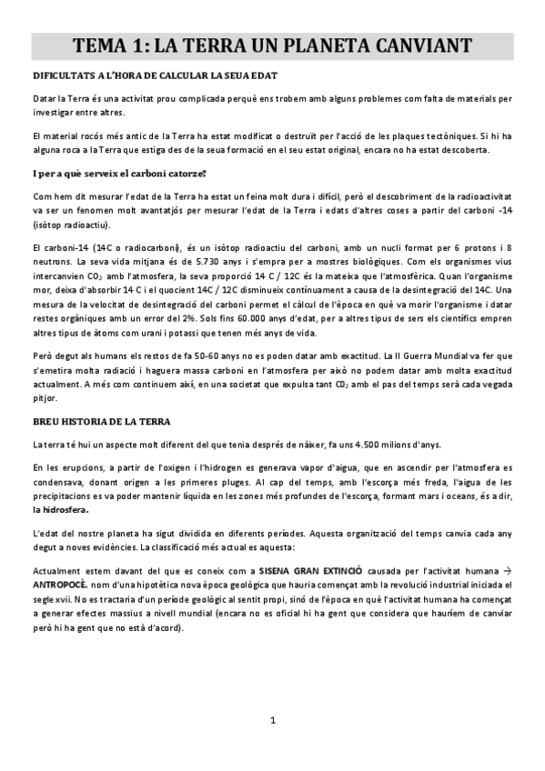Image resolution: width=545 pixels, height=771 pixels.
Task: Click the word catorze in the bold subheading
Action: (181, 173)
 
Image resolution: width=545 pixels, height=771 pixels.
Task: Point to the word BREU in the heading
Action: (47, 422)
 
